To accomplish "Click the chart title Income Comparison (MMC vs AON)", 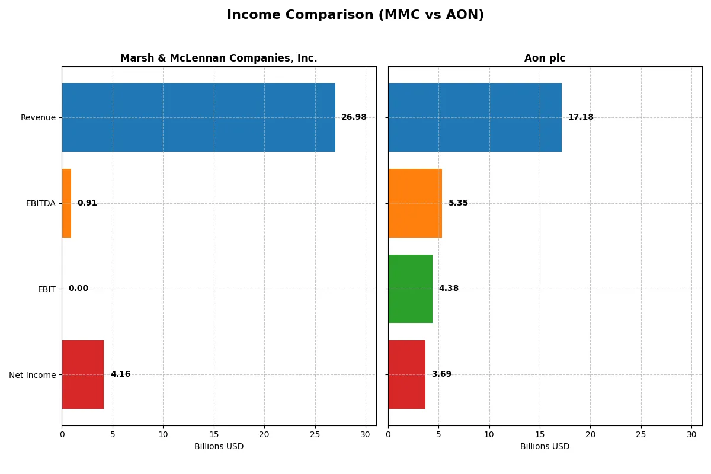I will coord(355,15).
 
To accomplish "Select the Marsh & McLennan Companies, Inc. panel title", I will coord(219,58).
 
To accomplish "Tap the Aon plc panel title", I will coord(545,58).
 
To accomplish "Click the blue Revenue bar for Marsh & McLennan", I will coord(198,117).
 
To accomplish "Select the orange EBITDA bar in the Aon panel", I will coord(415,203).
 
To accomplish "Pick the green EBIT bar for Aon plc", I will coord(410,289).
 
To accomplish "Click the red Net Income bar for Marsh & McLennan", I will coord(83,374).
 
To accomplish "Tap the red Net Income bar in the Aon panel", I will coord(406,374).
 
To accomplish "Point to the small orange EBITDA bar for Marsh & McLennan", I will coord(66,203).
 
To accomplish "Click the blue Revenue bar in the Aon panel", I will coord(475,117).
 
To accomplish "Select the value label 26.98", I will coord(354,117).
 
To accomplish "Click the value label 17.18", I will coord(581,117).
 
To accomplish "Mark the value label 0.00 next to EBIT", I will coord(78,289).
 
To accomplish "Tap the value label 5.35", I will coord(458,203).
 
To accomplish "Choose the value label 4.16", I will coord(120,374).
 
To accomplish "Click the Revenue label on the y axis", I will coord(38,117).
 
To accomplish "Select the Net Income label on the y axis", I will coord(33,374).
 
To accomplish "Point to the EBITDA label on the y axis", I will coord(41,203).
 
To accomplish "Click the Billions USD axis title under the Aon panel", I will coord(545,446).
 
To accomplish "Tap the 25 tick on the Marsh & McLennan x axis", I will coord(315,434).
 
